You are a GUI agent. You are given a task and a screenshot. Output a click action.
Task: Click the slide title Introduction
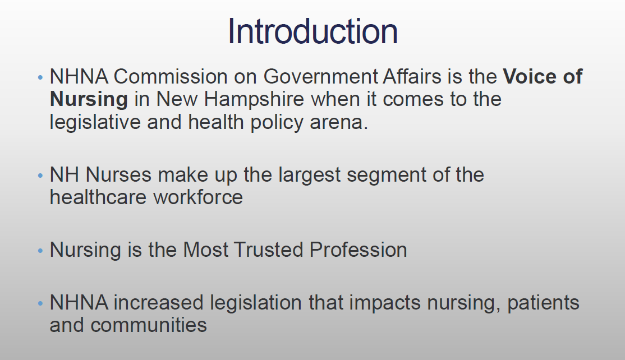[312, 31]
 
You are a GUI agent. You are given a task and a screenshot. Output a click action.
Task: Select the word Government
[320, 76]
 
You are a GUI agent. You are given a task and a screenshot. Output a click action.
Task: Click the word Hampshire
[254, 99]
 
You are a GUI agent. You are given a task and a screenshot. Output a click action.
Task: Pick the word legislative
[95, 122]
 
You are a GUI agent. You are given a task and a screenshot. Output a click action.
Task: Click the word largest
[309, 175]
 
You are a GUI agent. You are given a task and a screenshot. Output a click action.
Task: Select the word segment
[387, 175]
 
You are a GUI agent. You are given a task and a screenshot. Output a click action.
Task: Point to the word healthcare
[98, 197]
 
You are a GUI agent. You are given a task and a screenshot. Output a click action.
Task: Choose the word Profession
[358, 250]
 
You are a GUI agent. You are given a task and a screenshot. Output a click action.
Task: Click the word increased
[159, 302]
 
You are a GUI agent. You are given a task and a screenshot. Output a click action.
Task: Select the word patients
[543, 303]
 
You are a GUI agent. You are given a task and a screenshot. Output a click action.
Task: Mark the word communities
[149, 325]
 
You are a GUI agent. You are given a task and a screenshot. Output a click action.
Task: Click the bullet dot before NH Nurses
[40, 175]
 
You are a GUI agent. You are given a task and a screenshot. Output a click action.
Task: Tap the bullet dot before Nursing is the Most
[40, 251]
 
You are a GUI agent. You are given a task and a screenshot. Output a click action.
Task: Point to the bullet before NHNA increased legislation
[40, 303]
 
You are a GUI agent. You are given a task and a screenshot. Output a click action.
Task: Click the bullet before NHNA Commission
[40, 77]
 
